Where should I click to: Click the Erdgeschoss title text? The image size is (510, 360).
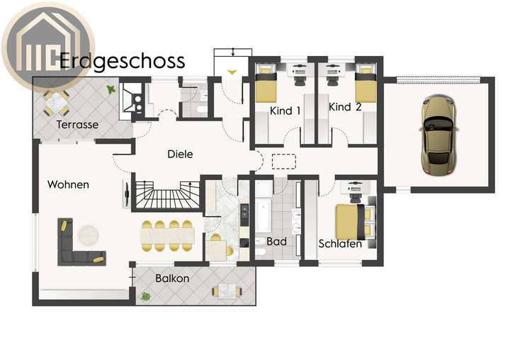click(x=122, y=61)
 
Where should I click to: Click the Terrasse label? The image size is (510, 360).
click(x=77, y=125)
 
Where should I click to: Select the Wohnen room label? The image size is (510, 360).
click(x=68, y=184)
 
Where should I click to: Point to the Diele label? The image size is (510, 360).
click(x=180, y=154)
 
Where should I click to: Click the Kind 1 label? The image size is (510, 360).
click(x=285, y=111)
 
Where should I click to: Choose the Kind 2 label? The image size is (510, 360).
click(x=345, y=108)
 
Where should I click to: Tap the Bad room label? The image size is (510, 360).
click(x=277, y=242)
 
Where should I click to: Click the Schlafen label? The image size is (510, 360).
click(x=340, y=244)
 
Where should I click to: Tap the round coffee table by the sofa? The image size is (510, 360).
click(x=89, y=233)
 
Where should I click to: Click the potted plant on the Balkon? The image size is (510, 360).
click(x=145, y=296)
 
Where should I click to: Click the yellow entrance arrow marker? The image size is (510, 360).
click(x=234, y=72)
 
